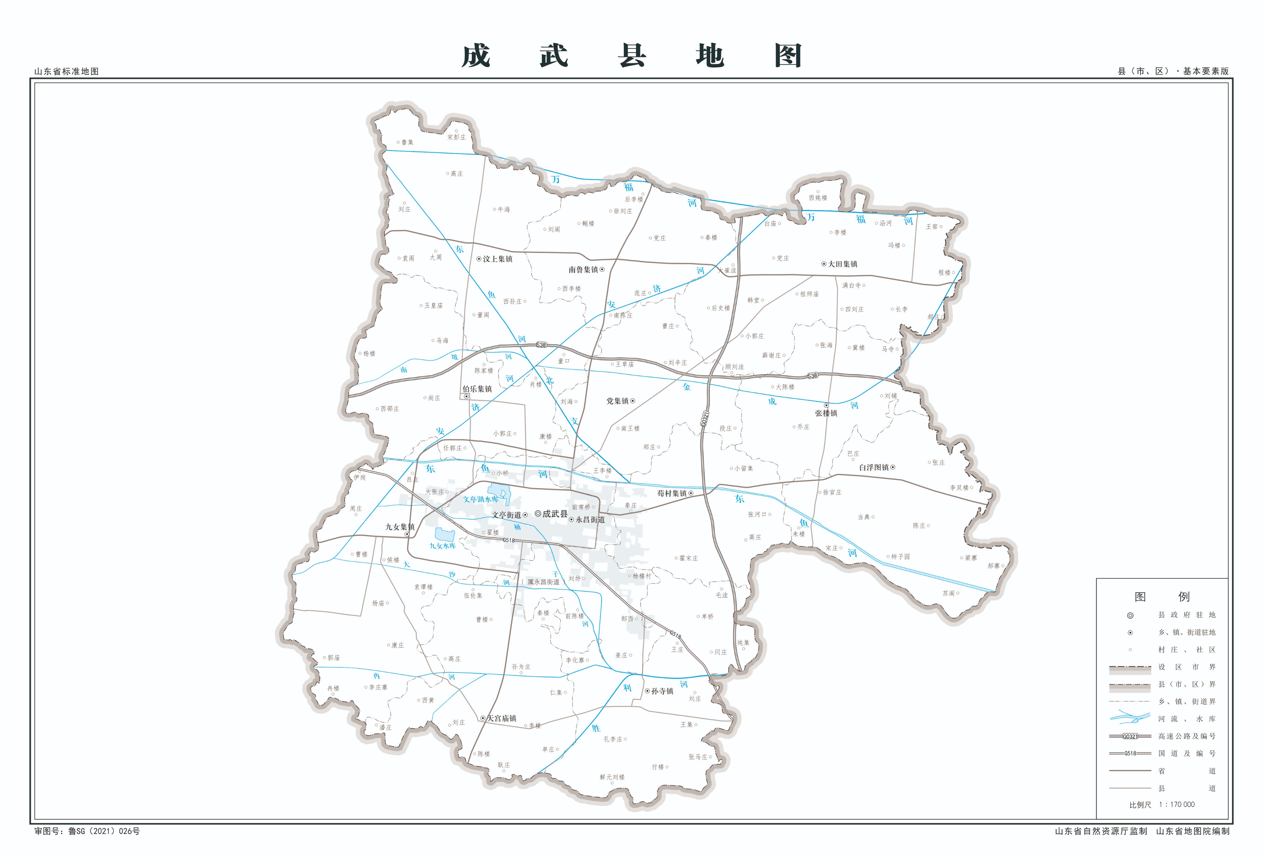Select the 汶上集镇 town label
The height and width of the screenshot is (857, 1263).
(497, 259)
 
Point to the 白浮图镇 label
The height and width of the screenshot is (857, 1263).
(874, 467)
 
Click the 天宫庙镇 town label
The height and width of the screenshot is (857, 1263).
(501, 719)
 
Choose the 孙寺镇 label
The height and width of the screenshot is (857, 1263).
(662, 691)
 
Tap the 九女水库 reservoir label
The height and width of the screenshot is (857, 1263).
(443, 546)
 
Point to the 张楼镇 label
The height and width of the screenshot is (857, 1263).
(826, 413)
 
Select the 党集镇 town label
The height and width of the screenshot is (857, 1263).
(617, 401)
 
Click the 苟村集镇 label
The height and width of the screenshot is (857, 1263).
(672, 494)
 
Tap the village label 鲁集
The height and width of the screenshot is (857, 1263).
(408, 142)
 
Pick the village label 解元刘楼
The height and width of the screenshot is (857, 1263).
(612, 777)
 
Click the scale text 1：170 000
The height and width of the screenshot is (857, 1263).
(1177, 804)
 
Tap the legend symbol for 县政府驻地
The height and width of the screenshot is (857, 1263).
(1130, 616)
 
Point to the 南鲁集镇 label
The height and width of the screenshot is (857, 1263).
(583, 270)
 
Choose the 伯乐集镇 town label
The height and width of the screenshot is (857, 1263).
(477, 389)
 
